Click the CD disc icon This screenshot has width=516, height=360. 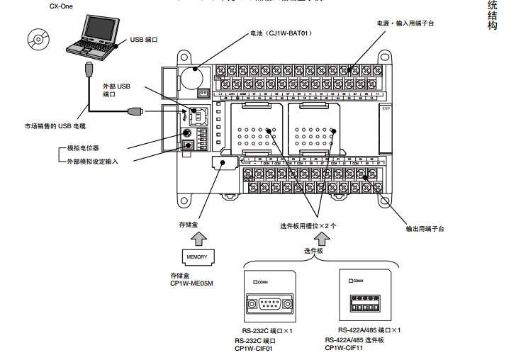point(39,38)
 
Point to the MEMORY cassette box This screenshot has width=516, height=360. point(196,256)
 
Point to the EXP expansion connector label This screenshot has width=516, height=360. point(386,109)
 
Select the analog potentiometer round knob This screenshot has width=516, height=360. point(187,133)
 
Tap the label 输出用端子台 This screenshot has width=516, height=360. point(425,229)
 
